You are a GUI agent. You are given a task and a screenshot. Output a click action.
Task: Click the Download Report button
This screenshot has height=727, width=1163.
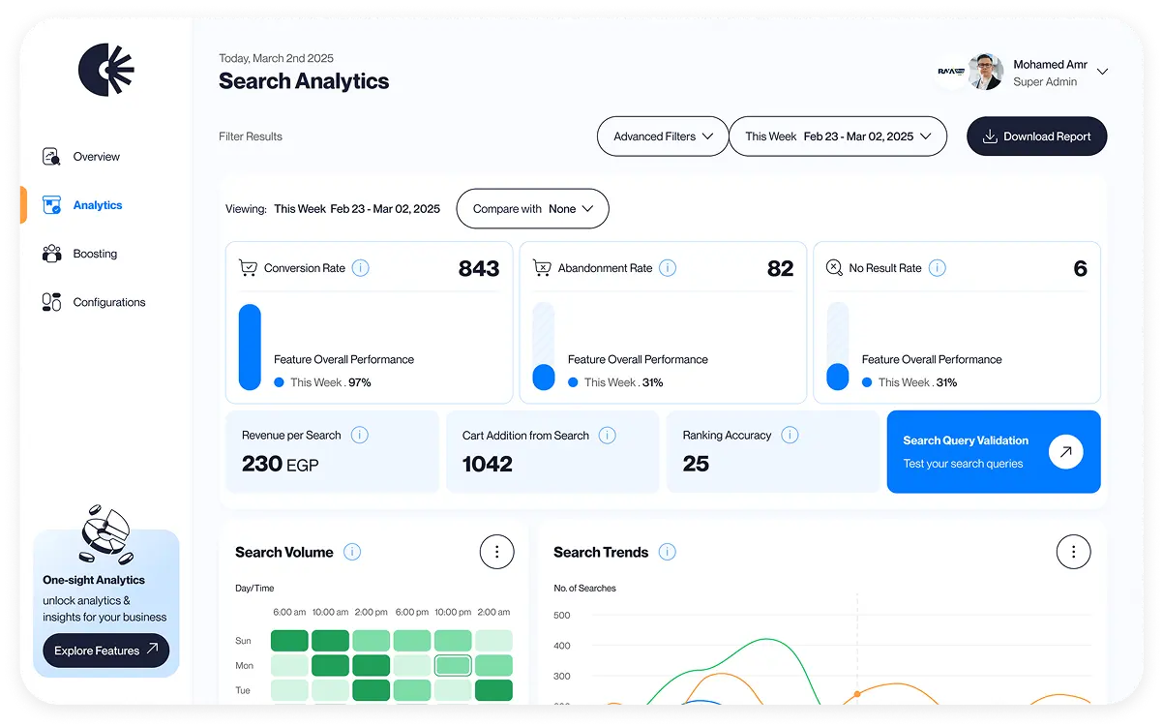coord(1036,136)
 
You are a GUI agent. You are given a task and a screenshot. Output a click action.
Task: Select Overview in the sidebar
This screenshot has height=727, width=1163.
coord(96,157)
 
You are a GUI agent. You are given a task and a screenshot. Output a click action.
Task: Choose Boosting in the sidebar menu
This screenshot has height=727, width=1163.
coord(95,254)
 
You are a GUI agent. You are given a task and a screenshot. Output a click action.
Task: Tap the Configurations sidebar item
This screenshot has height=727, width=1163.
coord(108,302)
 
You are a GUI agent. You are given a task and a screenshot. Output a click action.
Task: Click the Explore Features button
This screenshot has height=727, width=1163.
coord(105,651)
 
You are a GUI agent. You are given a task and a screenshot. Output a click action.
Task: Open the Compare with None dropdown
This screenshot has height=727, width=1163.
coord(532,209)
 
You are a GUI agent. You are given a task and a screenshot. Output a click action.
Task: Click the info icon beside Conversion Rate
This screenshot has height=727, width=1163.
coord(360,268)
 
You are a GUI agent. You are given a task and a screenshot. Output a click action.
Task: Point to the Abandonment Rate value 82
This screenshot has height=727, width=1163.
coord(780,269)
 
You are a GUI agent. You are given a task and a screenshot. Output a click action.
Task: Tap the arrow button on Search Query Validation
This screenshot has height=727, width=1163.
coord(1065,451)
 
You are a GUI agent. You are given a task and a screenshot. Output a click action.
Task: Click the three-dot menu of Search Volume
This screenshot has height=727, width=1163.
coord(497,552)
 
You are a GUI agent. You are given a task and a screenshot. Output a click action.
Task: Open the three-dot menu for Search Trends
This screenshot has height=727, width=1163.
coord(1073,552)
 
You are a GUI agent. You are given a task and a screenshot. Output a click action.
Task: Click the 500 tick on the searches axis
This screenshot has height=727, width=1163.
coord(561,615)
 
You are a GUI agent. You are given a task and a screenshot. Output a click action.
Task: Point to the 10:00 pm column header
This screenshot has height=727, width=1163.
coord(453,612)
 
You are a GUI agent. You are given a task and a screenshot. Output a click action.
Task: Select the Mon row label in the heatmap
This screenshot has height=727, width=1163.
coord(244,666)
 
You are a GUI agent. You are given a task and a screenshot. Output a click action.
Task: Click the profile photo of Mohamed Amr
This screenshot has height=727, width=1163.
coord(986,72)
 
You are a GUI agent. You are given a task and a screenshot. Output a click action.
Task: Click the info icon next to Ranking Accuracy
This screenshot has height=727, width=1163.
coord(790,435)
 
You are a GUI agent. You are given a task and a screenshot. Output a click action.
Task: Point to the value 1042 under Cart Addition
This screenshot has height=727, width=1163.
coord(488,464)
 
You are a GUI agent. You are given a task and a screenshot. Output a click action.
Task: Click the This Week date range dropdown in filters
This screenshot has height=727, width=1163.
coord(837,136)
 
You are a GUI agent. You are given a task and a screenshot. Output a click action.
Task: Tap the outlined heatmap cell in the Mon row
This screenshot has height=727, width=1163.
coord(453,666)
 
